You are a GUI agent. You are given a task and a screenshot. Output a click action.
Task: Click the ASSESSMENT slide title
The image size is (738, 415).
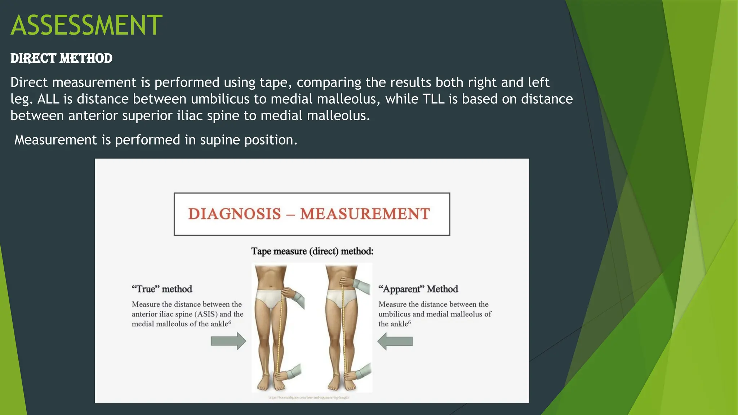point(86,25)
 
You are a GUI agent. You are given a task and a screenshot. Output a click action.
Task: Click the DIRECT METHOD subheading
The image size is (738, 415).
point(61,58)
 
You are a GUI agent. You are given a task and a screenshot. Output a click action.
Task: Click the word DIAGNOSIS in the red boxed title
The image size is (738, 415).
point(234,214)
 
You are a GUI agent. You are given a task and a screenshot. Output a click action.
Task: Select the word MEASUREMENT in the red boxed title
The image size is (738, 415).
point(365,214)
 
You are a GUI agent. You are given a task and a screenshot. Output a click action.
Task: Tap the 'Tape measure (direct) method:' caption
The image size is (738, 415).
point(312,251)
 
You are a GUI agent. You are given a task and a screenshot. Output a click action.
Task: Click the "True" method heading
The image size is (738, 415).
point(162,289)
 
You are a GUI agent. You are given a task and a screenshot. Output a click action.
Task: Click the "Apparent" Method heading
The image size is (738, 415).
point(418,289)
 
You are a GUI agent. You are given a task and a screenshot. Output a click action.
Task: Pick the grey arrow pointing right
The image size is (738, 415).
point(228,341)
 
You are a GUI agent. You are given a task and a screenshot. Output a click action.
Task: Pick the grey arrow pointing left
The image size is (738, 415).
point(395,341)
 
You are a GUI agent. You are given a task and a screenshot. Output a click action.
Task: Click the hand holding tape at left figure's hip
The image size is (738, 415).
point(290,294)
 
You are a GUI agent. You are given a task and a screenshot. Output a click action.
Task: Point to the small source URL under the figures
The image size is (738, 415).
point(308,398)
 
